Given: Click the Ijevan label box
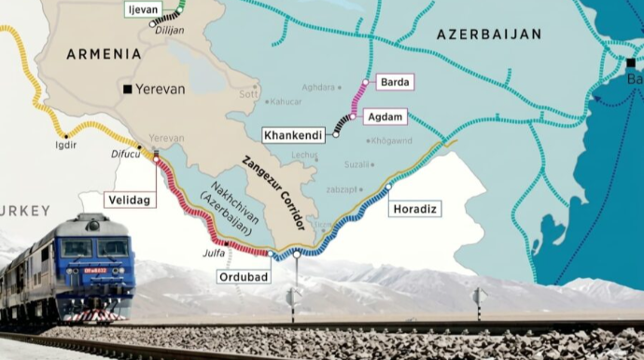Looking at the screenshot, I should [137, 9].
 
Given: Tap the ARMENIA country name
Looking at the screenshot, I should [104, 54].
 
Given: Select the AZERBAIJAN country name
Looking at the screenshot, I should [489, 35].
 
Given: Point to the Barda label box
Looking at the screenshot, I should [394, 82].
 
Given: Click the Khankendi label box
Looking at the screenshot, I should [294, 135].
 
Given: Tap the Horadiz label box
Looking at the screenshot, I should [415, 208].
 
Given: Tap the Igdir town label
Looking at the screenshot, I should [65, 145].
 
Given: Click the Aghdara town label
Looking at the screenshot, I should [318, 88].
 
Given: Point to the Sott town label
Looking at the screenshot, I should [247, 94].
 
